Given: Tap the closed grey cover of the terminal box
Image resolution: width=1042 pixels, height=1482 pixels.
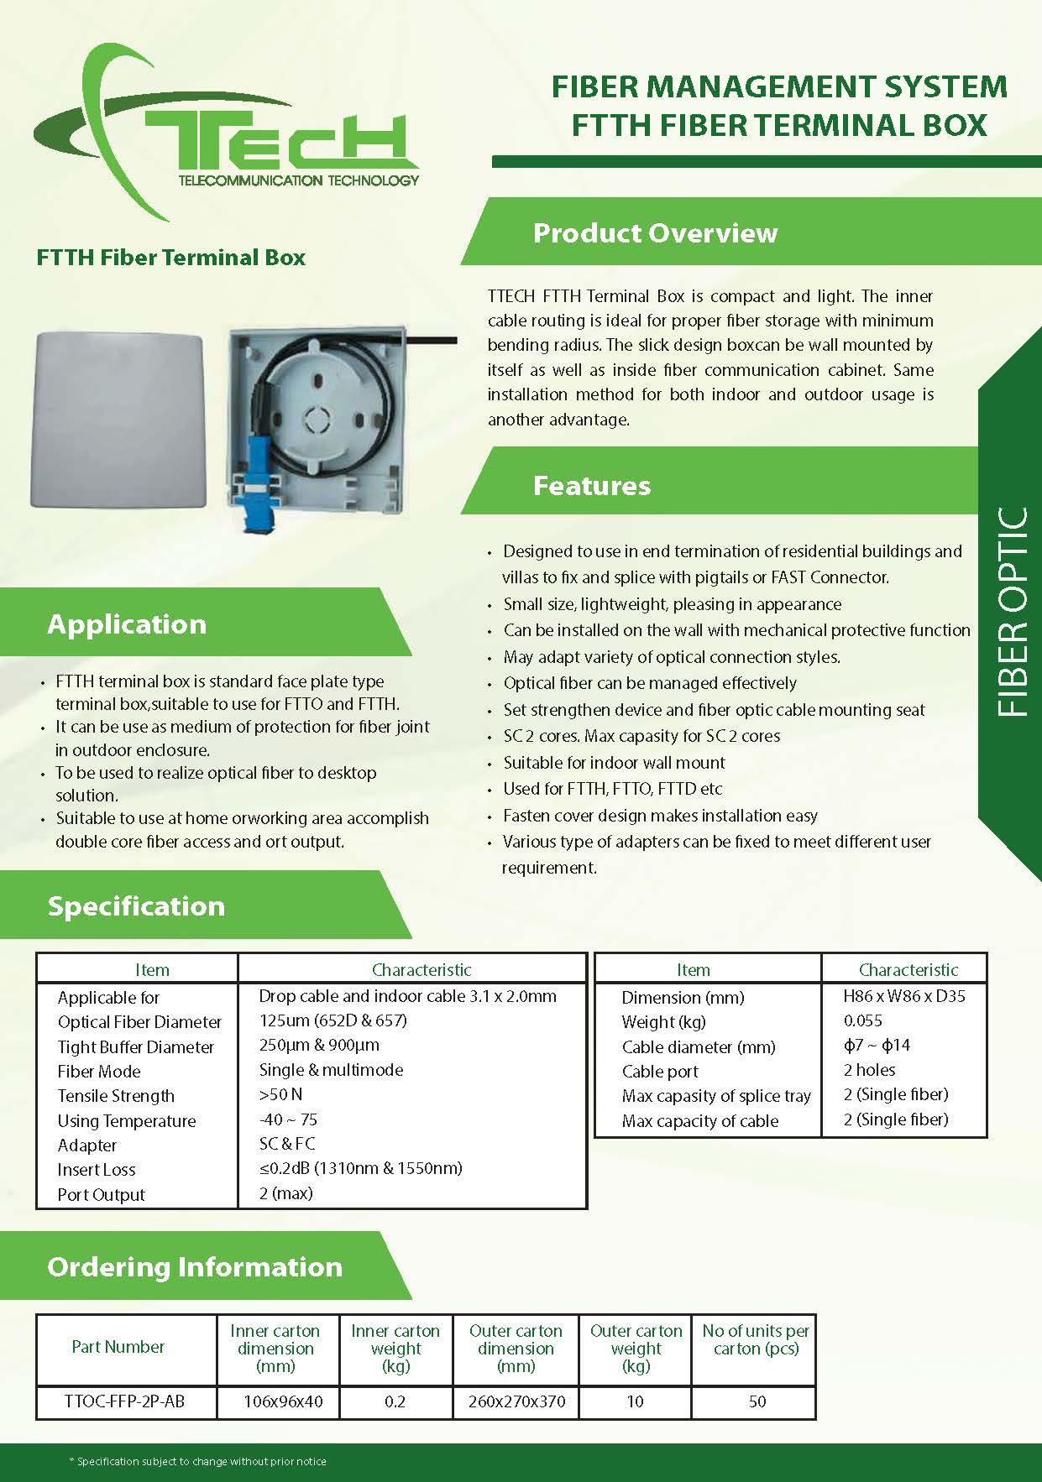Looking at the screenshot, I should point(118,420).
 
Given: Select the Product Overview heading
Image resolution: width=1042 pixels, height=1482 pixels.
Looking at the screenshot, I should point(655,232).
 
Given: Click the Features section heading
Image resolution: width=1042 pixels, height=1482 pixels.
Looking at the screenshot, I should point(591,485).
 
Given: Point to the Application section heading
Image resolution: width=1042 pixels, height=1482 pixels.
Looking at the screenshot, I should point(127,624).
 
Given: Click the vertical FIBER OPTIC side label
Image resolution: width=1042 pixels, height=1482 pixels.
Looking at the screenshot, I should point(1013,613).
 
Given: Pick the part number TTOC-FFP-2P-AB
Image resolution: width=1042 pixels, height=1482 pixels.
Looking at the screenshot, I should point(124,1401).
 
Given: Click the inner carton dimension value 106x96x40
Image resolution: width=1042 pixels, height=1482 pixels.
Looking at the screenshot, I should point(283,1401).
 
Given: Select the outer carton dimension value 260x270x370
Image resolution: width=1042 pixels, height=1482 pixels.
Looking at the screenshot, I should point(516,1401).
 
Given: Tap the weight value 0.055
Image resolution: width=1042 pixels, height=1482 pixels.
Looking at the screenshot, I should point(863,1020).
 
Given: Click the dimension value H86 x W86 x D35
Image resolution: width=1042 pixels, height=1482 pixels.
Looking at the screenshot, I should point(904,996).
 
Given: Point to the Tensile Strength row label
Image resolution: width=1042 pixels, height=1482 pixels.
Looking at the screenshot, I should point(116,1096).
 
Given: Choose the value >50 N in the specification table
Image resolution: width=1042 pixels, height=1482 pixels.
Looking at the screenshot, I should point(281,1094).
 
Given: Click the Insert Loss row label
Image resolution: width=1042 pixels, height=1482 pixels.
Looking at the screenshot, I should point(97,1170).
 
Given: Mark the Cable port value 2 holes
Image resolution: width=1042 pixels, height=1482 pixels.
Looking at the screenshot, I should point(869,1070).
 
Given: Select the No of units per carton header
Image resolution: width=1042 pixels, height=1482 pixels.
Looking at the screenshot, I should point(756,1339).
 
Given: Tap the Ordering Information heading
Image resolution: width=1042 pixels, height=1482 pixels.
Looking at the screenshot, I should point(195,1266).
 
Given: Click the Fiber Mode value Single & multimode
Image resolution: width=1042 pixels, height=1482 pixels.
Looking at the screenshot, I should point(331,1070).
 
